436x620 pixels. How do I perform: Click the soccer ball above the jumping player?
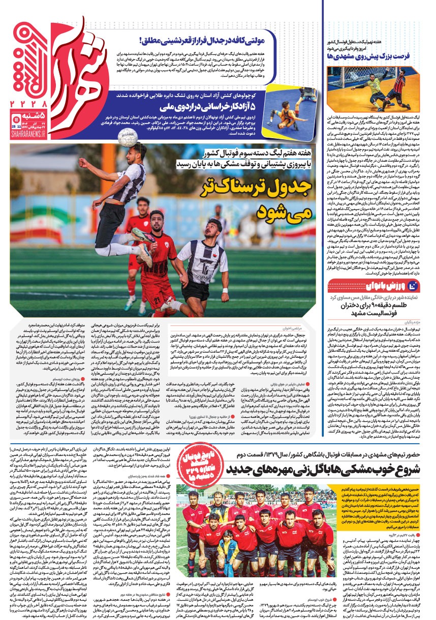pyautogui.click(x=128, y=137)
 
